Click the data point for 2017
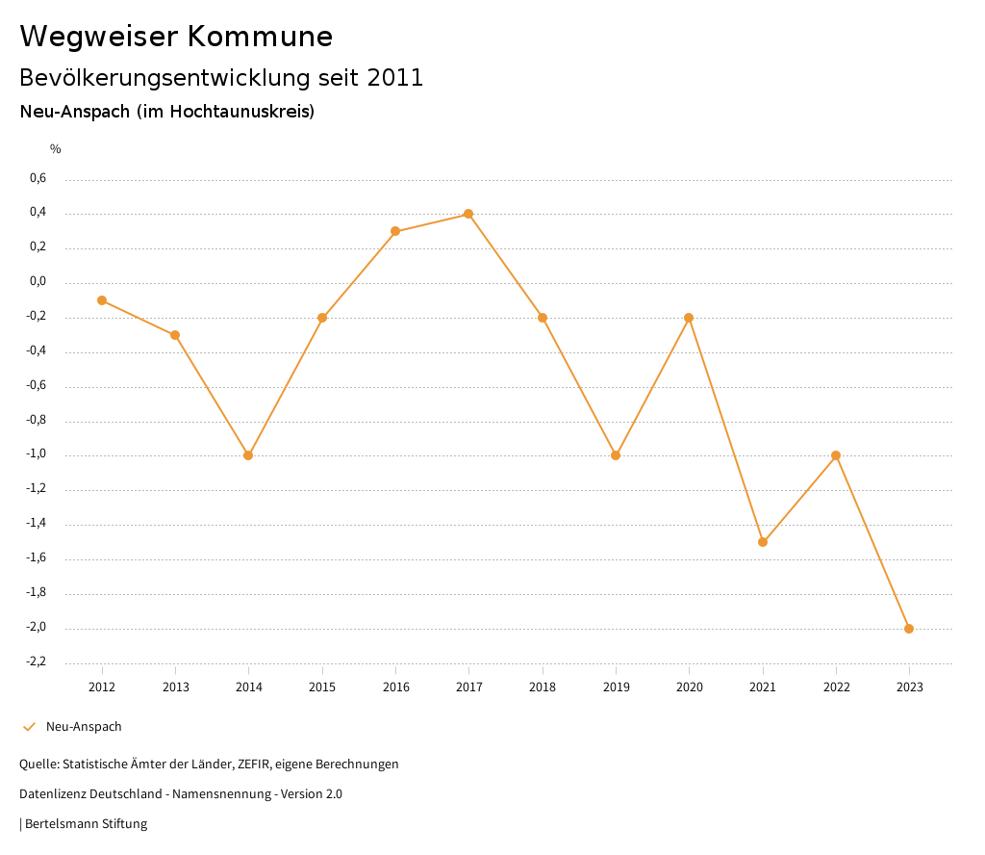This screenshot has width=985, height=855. pos(468,214)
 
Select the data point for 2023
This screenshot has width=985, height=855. pos(909,629)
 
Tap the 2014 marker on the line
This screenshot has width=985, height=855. pos(248,455)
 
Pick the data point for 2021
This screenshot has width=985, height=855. pos(763,542)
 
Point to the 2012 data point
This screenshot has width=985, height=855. pos(102,300)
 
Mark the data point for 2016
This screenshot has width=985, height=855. pos(395,231)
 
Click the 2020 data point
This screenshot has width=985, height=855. pos(689,318)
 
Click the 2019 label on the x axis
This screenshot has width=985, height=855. pos(616,687)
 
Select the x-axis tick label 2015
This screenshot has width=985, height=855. pos(322,687)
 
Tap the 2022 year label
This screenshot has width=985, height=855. pos(836,687)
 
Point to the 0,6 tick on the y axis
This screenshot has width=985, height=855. pos(38,178)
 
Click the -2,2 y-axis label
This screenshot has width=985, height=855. pos(36,662)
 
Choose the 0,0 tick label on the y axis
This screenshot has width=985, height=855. pos(38,282)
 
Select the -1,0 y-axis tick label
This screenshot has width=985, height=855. pos(36,454)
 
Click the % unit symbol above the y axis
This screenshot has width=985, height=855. pos(56,149)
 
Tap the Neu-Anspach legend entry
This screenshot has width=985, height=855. pos(84,727)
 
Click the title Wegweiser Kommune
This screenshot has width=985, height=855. pos(176,37)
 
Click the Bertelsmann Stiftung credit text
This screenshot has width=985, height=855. pos(86,824)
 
